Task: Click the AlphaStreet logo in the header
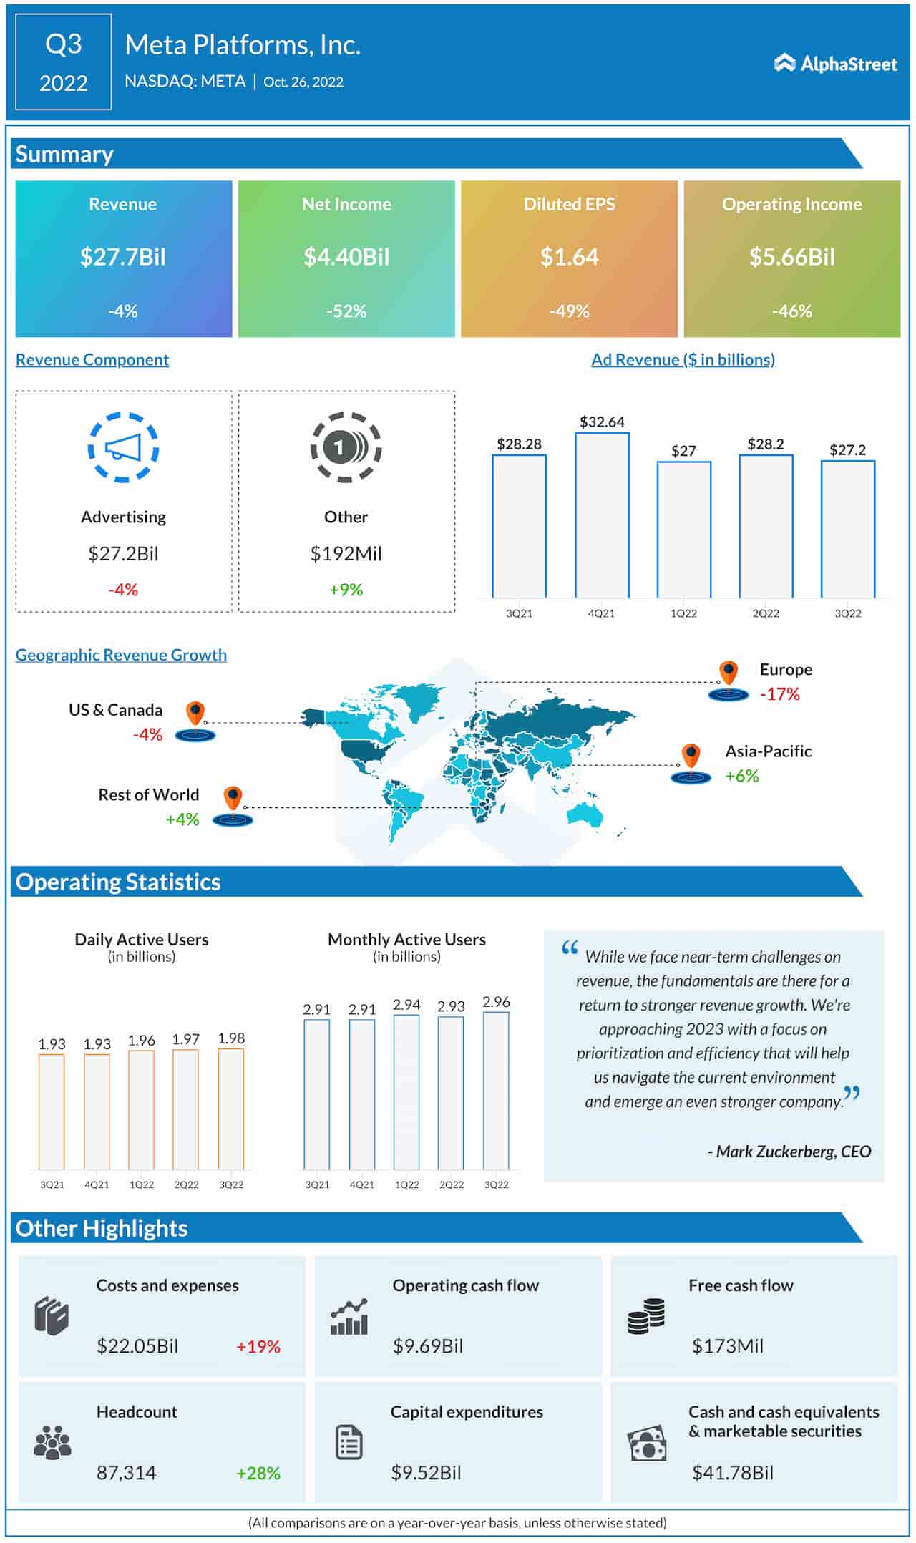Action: click(835, 64)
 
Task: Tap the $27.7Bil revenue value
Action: click(123, 257)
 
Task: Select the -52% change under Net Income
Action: click(346, 311)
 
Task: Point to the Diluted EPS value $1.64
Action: click(569, 257)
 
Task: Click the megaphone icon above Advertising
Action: click(123, 447)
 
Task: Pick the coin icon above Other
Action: click(346, 447)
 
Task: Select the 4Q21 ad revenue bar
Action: click(602, 515)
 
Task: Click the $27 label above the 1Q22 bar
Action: click(683, 451)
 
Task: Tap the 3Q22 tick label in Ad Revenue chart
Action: click(848, 613)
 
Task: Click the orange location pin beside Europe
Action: click(729, 673)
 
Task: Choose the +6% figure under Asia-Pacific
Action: click(742, 776)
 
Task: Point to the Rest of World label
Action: click(148, 794)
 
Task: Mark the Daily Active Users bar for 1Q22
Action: click(142, 1109)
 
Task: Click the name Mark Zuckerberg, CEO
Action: click(789, 1152)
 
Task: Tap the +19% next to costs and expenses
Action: click(258, 1346)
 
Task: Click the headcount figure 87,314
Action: click(126, 1472)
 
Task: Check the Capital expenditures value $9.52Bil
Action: click(426, 1472)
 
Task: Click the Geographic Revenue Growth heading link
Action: click(121, 655)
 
